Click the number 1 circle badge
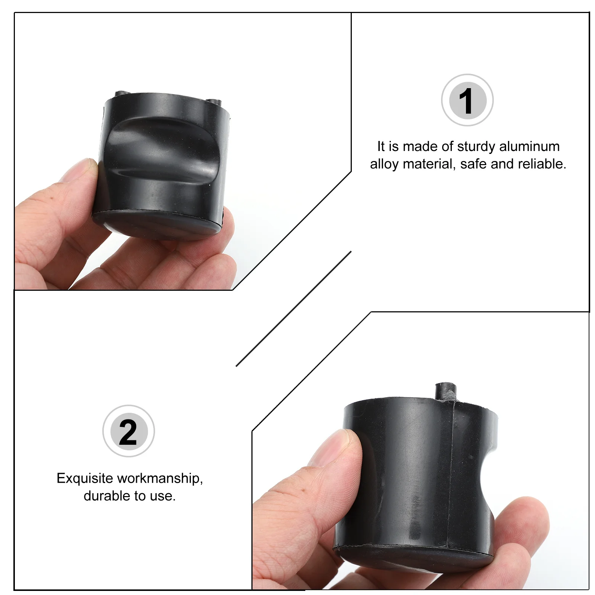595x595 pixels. pos(467,100)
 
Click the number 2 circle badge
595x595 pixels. pos(128,431)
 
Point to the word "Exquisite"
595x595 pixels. pos(84,478)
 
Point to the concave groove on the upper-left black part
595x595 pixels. pos(160,149)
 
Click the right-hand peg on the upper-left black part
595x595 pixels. pos(213,102)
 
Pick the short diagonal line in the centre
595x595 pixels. pos(294,309)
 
